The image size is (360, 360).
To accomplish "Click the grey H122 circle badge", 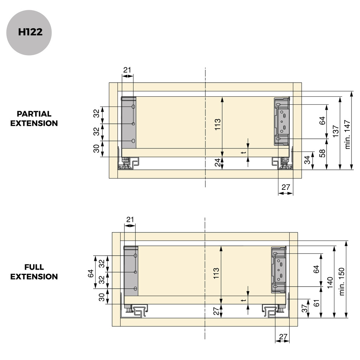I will click(x=29, y=32).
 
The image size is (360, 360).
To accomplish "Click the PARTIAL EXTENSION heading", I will click(x=34, y=118).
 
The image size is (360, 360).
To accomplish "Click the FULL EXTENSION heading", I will click(x=34, y=272).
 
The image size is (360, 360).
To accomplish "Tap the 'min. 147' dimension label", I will click(x=348, y=135).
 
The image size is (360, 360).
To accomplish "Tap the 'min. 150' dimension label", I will click(x=342, y=281).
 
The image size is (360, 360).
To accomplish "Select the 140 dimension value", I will click(x=330, y=282).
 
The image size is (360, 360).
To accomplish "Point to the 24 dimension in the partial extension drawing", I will click(x=218, y=162).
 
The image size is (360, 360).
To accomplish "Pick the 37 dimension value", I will click(x=304, y=309).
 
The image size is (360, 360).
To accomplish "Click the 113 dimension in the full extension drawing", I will click(x=216, y=273).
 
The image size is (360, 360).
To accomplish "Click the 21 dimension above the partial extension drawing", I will click(x=127, y=70).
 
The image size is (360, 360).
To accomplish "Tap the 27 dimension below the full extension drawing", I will click(x=283, y=337).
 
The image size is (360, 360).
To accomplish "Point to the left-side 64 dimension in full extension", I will click(x=91, y=273).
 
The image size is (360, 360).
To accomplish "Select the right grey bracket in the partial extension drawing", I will click(x=282, y=121).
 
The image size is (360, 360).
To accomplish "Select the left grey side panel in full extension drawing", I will click(x=131, y=271).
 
